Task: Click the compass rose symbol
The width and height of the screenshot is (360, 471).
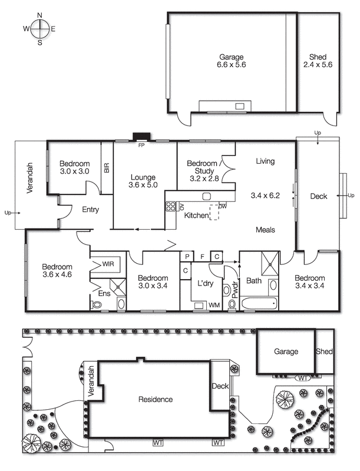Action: tap(39, 28)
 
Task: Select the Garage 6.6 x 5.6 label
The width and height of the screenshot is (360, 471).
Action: tap(232, 61)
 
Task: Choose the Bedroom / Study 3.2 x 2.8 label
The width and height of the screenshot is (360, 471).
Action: tap(202, 171)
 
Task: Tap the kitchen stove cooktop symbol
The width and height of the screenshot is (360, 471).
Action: tap(171, 206)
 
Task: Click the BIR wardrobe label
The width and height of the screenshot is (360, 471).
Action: tap(107, 168)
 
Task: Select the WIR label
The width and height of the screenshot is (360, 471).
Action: tap(108, 264)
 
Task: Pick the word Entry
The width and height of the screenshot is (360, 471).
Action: tap(90, 210)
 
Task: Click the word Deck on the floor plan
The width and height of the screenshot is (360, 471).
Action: tap(318, 197)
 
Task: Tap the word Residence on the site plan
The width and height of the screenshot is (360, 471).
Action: tap(156, 399)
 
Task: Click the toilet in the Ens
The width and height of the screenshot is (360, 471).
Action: tap(96, 304)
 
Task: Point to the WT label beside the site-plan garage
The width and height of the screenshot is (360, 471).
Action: tap(302, 377)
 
